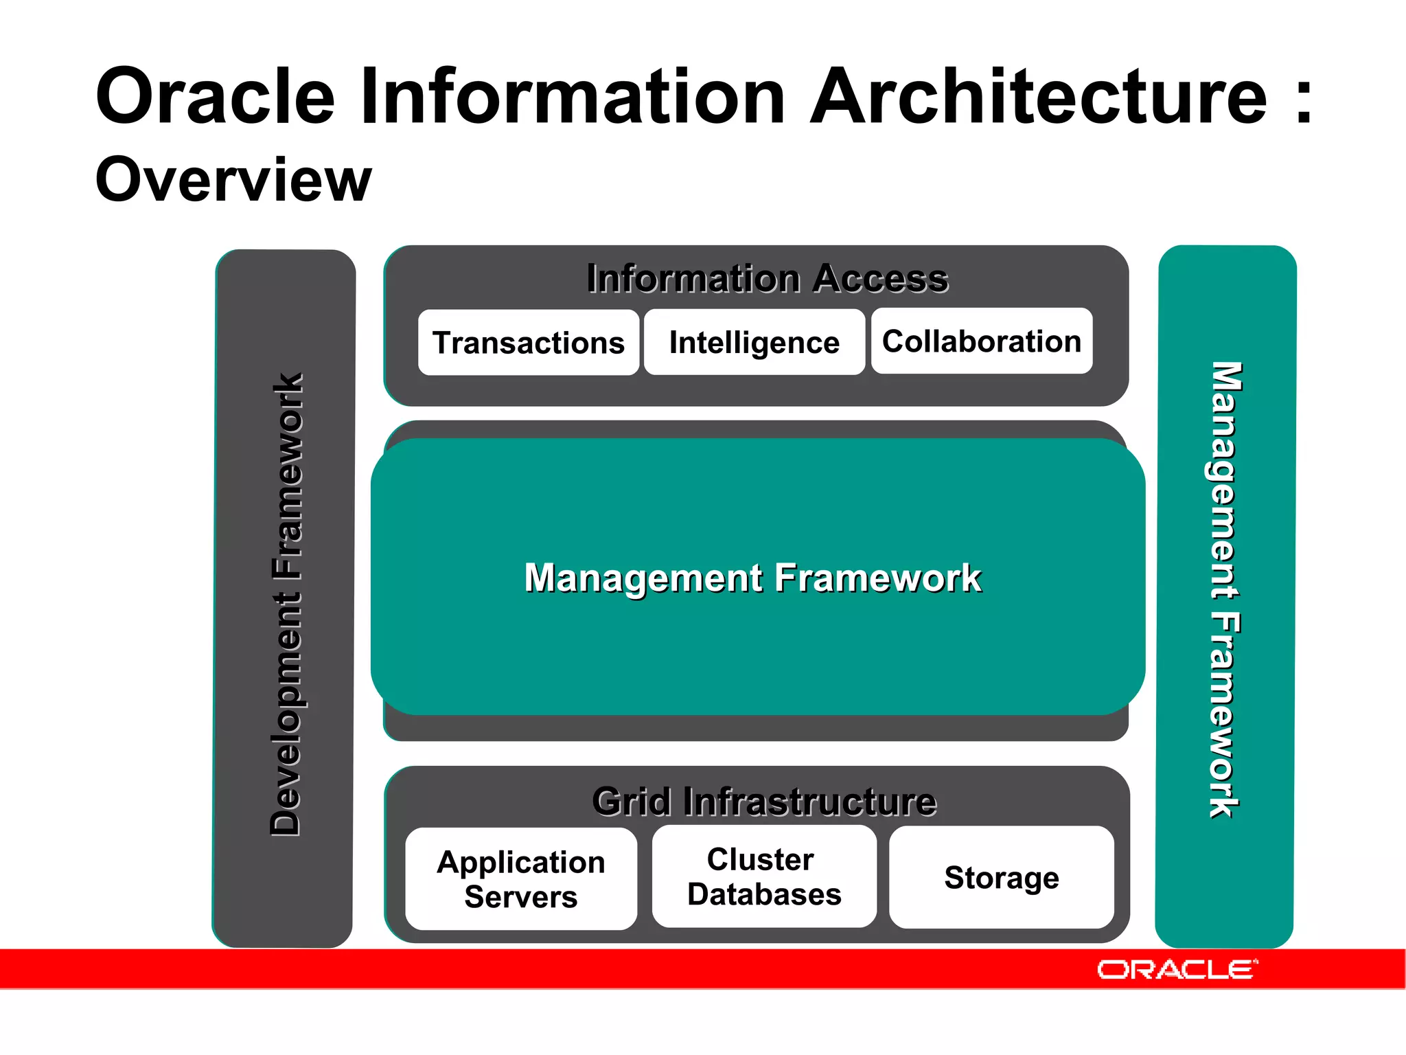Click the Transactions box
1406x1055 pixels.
[528, 343]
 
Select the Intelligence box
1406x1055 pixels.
[754, 342]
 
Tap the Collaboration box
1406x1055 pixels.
[981, 341]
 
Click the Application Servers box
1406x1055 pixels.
[520, 879]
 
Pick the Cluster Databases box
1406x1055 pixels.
[763, 877]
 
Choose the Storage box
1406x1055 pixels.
[1001, 878]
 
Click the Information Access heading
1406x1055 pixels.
[767, 279]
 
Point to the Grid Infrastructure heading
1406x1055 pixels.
[763, 802]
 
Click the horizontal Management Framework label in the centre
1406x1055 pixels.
[752, 578]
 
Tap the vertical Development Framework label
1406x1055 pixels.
[286, 604]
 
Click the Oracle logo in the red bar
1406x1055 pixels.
[1177, 970]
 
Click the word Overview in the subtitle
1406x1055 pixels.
[233, 180]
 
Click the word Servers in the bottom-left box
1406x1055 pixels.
[520, 897]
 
